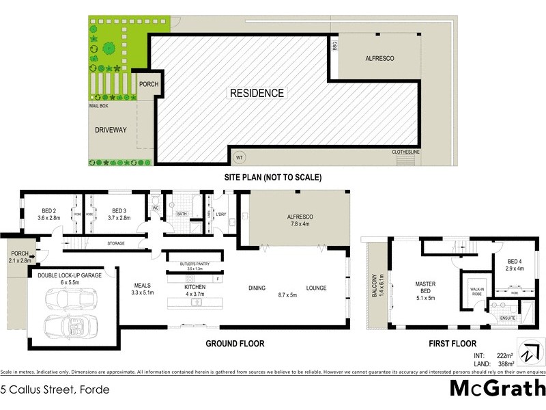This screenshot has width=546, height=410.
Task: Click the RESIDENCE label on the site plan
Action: [257, 93]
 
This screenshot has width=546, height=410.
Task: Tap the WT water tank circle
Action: [239, 157]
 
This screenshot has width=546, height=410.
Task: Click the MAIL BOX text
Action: [100, 107]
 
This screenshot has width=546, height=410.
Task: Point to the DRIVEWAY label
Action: [111, 130]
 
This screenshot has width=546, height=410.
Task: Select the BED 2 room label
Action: [49, 214]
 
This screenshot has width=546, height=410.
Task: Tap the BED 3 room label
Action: [119, 214]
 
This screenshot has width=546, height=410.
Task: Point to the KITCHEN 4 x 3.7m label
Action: [195, 291]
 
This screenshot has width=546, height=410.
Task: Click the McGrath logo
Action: [497, 387]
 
